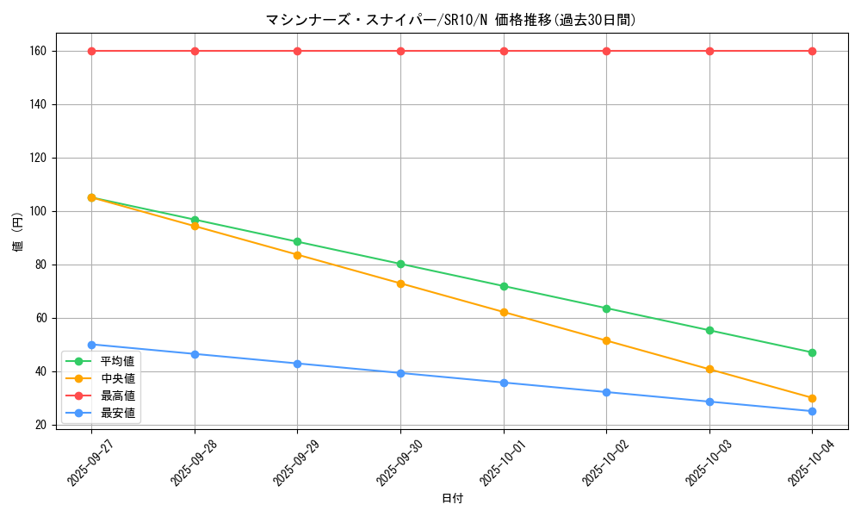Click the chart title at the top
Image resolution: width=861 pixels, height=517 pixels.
tap(451, 20)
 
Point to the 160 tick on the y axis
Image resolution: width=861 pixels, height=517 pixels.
tap(37, 51)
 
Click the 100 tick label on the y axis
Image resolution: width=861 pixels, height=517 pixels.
tap(37, 211)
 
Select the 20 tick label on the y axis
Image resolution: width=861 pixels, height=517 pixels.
tap(40, 425)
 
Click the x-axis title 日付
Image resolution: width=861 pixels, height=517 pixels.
tap(452, 499)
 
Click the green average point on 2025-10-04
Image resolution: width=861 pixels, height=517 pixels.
tap(812, 352)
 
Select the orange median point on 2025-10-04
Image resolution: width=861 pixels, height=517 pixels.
tap(812, 398)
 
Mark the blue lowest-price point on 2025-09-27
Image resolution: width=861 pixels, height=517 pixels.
tap(91, 345)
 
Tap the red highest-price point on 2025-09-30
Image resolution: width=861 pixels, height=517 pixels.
tap(400, 51)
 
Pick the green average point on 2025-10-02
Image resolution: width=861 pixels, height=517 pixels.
tap(606, 308)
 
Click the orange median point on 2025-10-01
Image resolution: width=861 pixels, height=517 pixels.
tap(504, 312)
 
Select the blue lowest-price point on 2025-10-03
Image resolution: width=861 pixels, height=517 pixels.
tap(709, 402)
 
